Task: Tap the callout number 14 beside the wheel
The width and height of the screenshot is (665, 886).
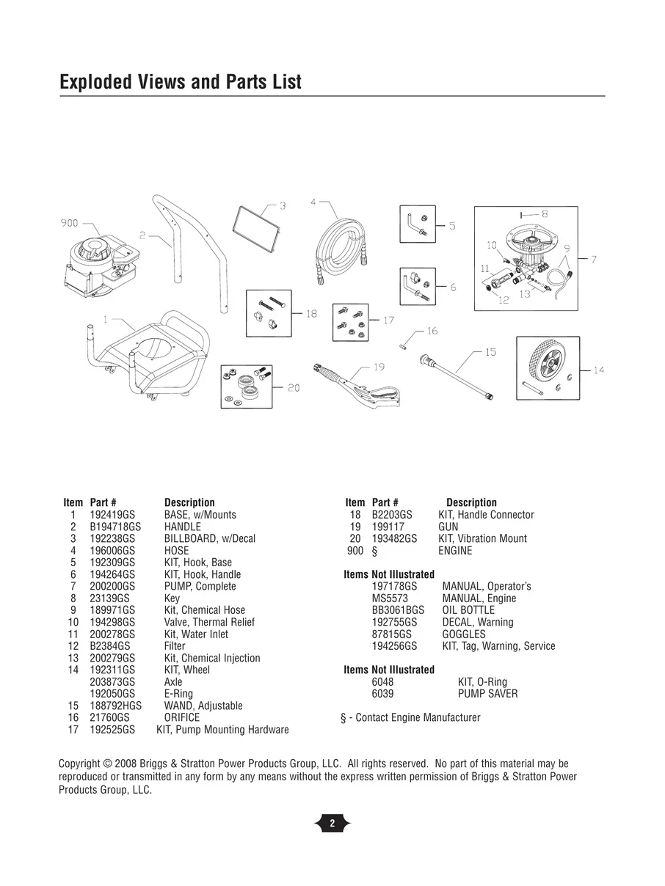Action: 598,370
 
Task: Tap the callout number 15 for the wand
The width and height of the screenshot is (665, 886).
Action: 490,352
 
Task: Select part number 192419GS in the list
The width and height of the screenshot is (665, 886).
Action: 112,515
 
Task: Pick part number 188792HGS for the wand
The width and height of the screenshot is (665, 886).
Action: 115,706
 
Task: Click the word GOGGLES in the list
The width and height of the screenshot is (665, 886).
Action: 463,634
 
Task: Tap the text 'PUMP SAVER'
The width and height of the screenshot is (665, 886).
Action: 487,694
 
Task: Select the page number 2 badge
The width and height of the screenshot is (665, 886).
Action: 332,824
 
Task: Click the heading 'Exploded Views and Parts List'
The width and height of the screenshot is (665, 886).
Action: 181,81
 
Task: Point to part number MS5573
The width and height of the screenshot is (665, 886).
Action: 390,598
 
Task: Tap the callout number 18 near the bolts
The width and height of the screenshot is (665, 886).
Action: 311,313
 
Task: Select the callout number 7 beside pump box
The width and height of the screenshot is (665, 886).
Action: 593,258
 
